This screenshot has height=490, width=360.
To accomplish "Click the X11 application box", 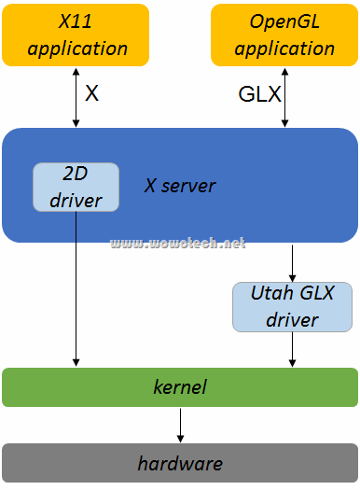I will tap(76, 35).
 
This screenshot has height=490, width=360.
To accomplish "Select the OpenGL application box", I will tap(284, 35).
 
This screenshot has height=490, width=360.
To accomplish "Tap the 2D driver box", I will tap(76, 187).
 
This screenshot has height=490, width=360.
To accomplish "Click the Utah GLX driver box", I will tap(292, 306).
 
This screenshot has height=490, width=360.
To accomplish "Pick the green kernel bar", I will tap(180, 386).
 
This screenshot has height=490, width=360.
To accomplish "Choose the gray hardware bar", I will tap(180, 463).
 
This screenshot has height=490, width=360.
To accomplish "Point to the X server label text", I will tap(179, 186).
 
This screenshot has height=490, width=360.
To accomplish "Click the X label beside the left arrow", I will tap(91, 93).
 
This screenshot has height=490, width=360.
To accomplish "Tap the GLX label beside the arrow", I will tap(260, 94).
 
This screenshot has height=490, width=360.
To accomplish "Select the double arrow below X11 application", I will tap(76, 97).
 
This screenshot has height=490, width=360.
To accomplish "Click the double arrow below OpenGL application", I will tap(285, 97).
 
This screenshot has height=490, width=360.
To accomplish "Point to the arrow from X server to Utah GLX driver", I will tap(293, 262).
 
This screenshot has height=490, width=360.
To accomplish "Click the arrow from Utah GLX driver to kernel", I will tap(293, 349).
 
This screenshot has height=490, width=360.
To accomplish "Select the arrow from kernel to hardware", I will tap(180, 425).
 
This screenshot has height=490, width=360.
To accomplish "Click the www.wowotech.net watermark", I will tap(178, 244).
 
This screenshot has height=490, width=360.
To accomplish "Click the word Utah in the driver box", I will tap(271, 294).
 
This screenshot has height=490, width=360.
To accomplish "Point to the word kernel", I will tap(180, 386).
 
